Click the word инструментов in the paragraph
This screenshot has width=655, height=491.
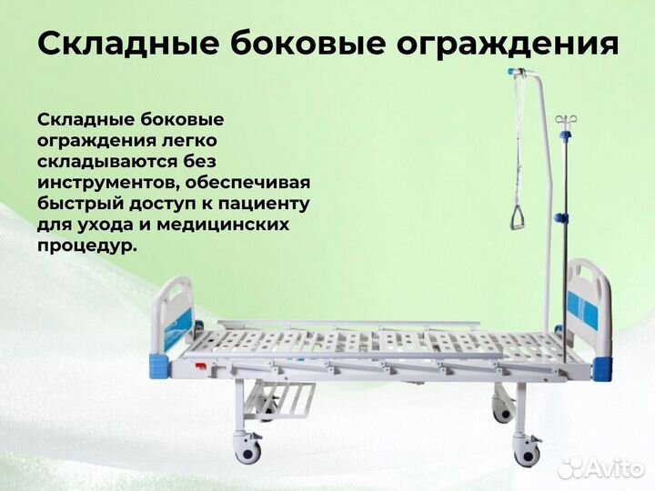[x=103, y=182]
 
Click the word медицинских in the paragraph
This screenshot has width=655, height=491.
[x=234, y=224]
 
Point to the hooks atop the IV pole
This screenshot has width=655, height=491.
[x=568, y=119]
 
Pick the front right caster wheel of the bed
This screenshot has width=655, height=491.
[x=527, y=446]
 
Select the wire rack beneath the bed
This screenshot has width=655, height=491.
[x=287, y=398]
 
